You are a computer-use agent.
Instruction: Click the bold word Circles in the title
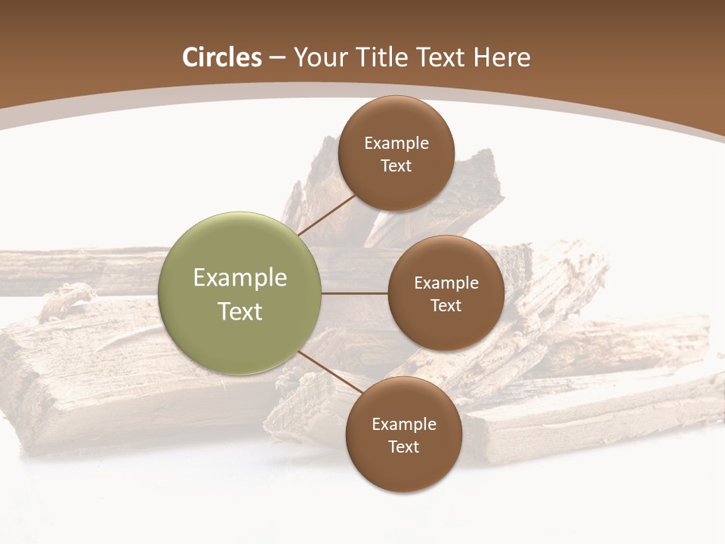[222, 57]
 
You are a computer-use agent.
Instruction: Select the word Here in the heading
[501, 57]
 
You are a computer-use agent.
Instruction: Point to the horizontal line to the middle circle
[354, 292]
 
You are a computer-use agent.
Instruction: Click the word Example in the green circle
[240, 278]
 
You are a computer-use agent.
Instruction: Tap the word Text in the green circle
[240, 311]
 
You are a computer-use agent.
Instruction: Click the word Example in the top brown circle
[396, 144]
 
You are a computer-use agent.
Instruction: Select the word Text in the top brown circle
[396, 166]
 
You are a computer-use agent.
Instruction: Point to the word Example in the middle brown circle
[446, 283]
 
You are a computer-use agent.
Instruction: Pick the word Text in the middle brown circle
[446, 306]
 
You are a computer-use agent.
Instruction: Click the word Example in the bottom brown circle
[404, 425]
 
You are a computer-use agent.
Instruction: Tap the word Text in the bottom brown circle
[403, 447]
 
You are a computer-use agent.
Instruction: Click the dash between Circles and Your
[277, 58]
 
